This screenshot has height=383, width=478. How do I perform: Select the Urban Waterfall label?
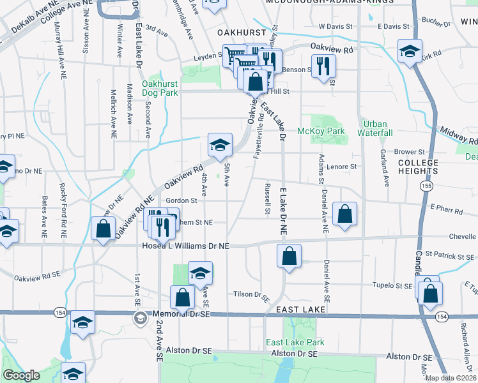click(x=377, y=128)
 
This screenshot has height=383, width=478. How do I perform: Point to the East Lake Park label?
click(x=295, y=342)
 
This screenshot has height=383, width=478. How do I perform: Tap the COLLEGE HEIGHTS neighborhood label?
click(x=418, y=167)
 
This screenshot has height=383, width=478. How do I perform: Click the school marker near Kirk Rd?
click(x=410, y=51)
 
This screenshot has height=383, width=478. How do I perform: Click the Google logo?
click(x=21, y=375)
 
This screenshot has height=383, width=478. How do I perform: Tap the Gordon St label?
click(x=181, y=200)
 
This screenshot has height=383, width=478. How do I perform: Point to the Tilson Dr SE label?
click(x=252, y=294)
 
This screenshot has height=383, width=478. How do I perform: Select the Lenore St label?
click(x=343, y=167)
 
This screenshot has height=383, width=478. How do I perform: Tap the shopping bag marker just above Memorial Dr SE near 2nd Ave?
click(x=183, y=297)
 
